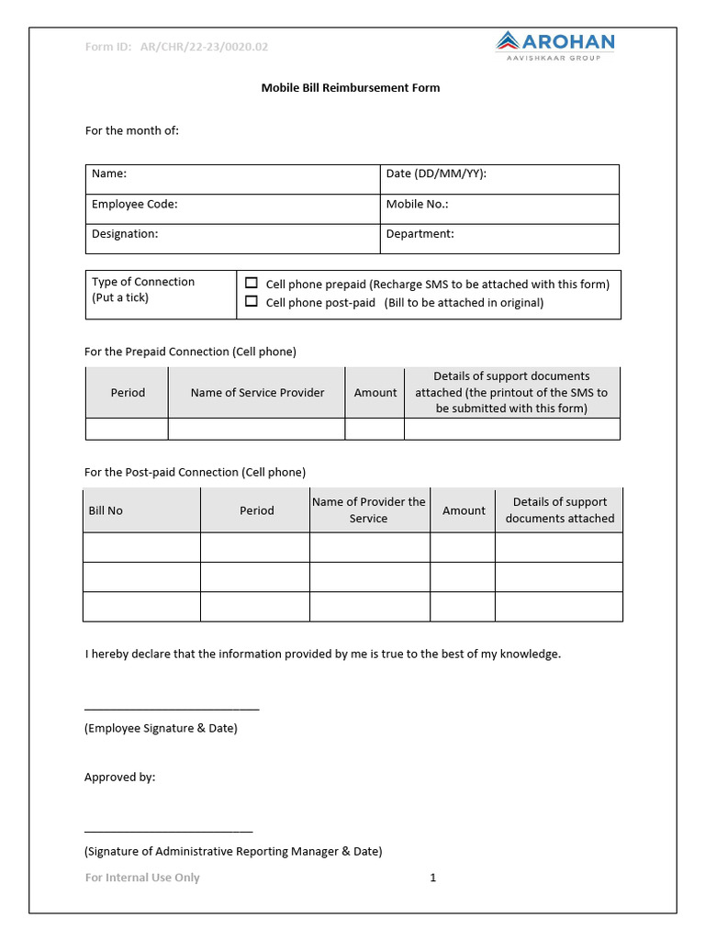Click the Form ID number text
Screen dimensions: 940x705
pos(204,47)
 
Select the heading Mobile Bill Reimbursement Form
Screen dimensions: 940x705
pos(351,88)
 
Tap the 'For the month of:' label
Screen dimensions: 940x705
pos(132,130)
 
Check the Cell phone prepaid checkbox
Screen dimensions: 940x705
pos(252,284)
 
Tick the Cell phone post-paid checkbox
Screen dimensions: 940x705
pos(252,301)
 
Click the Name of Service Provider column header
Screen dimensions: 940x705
pos(257,393)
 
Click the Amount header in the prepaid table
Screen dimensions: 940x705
pos(375,393)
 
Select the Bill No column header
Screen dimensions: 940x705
pos(106,510)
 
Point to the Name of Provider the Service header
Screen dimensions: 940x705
pos(369,510)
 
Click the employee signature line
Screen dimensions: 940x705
pos(172,709)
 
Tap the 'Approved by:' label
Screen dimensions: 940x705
pos(120,778)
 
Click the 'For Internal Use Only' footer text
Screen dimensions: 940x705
pos(142,878)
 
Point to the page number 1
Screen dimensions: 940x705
pos(433,878)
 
